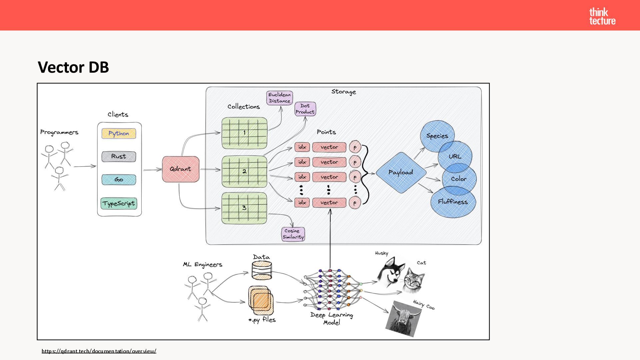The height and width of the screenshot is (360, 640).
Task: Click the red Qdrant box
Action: pyautogui.click(x=180, y=169)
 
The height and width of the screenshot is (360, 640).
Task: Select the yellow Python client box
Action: pyautogui.click(x=119, y=133)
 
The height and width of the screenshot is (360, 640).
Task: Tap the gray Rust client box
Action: pyautogui.click(x=119, y=156)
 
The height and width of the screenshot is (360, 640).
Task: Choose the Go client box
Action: pyautogui.click(x=119, y=180)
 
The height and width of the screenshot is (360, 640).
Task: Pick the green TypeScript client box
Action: pyautogui.click(x=119, y=203)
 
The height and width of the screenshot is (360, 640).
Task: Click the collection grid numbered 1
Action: pyautogui.click(x=244, y=133)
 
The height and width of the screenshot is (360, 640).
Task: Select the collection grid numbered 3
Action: pyautogui.click(x=244, y=208)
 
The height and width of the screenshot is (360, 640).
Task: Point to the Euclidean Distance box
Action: pyautogui.click(x=280, y=98)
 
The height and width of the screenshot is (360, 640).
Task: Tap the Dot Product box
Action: pyautogui.click(x=305, y=109)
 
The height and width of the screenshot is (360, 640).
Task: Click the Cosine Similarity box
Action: pyautogui.click(x=293, y=234)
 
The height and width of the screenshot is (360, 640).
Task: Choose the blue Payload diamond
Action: pyautogui.click(x=401, y=172)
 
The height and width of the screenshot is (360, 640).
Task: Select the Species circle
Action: pyautogui.click(x=437, y=135)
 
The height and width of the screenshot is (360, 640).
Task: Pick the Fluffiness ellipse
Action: pyautogui.click(x=453, y=202)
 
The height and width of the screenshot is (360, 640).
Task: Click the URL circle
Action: pyautogui.click(x=455, y=156)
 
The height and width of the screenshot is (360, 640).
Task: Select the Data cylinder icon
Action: pyautogui.click(x=262, y=270)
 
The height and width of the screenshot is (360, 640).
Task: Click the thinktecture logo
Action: pyautogui.click(x=602, y=16)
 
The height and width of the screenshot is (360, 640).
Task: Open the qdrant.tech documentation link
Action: pyautogui.click(x=99, y=351)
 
